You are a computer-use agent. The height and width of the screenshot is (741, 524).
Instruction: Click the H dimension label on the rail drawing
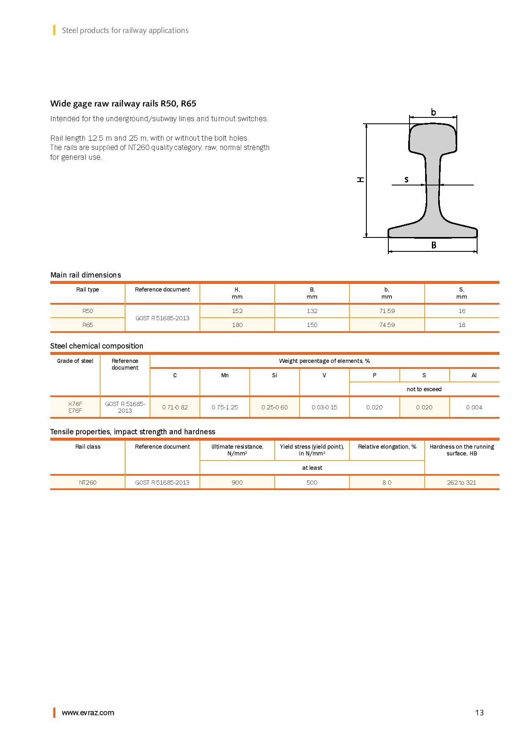coord(360,180)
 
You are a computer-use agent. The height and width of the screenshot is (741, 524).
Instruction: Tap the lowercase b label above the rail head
coord(433,112)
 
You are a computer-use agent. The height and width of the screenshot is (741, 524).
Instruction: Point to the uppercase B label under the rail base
coord(434,245)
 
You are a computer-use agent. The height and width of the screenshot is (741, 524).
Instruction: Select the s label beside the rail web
coord(407,180)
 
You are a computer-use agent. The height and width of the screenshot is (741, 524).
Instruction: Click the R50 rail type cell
coord(87,311)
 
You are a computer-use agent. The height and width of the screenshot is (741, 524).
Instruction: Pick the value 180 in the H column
coord(237,325)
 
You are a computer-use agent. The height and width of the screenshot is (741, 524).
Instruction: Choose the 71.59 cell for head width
coord(387,311)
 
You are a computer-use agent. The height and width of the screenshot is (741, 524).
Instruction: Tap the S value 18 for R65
coord(461,325)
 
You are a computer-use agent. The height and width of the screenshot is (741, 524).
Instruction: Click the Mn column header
coord(225,375)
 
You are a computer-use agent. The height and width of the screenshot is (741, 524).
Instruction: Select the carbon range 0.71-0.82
coord(175,407)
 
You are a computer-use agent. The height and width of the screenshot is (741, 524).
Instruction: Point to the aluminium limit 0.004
coord(474,407)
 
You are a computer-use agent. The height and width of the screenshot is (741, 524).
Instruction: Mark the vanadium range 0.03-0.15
coord(324,407)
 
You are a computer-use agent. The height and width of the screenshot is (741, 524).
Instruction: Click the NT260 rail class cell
coord(87,482)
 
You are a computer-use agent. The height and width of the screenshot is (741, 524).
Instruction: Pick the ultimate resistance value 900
coord(237,482)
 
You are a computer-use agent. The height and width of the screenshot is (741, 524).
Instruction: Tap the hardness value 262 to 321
coord(461,482)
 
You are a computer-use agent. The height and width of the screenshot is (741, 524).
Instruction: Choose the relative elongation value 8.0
coord(387,482)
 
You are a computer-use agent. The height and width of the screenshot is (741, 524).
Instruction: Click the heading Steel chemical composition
coord(97,346)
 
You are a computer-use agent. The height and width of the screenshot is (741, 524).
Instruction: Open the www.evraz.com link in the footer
coord(88,713)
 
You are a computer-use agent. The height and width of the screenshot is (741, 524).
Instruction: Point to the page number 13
coord(479,713)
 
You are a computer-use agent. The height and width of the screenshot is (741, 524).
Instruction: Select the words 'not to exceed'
coord(424,389)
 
